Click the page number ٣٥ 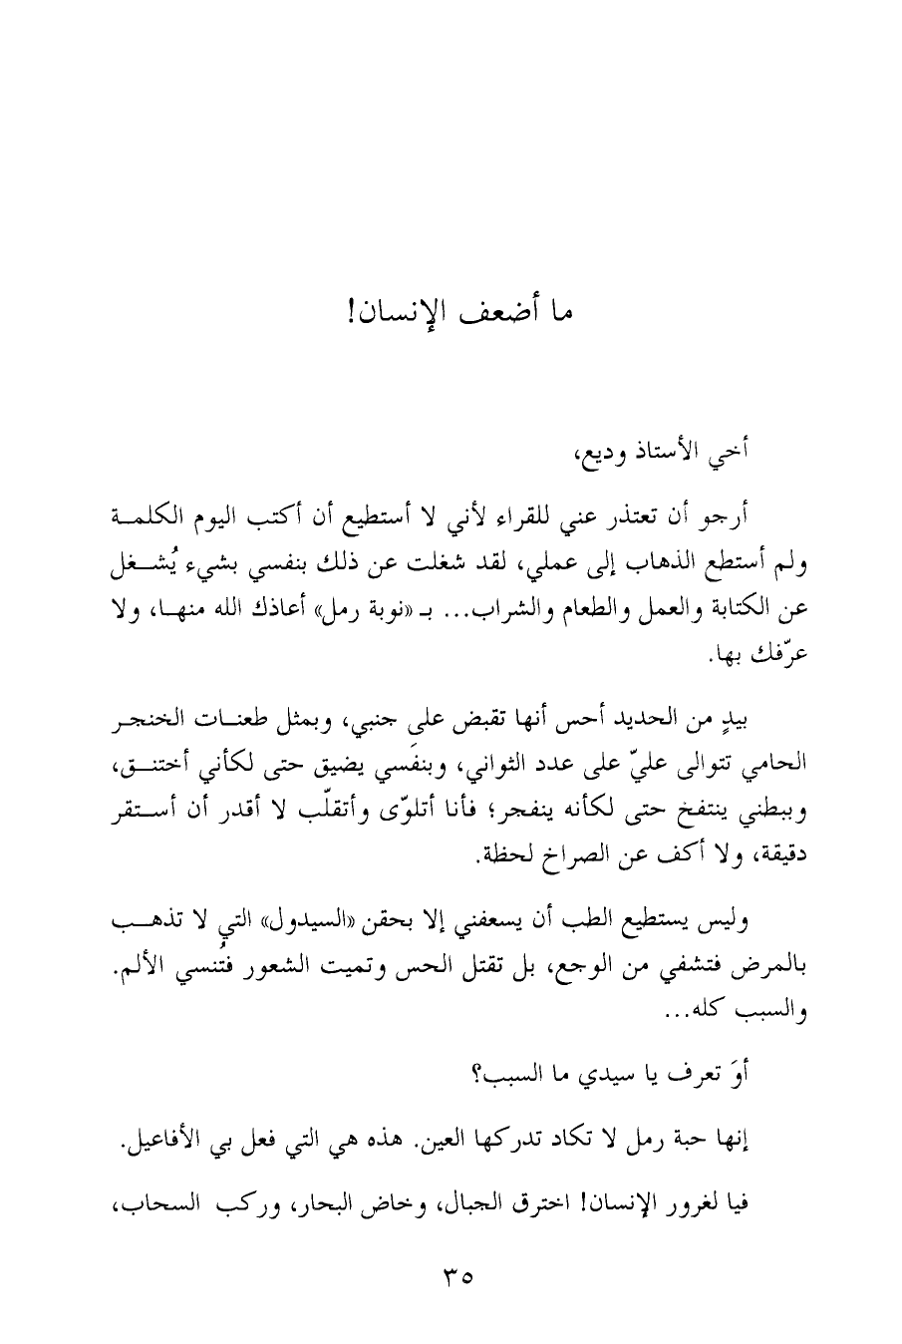pyautogui.click(x=451, y=1274)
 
